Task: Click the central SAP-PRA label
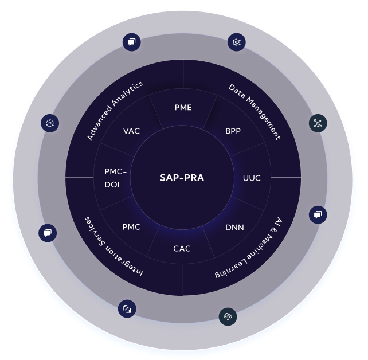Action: (182, 178)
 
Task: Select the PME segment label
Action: (183, 107)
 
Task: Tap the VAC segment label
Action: (131, 131)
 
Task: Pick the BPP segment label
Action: (233, 131)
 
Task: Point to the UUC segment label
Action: (252, 178)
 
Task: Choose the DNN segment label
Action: (234, 228)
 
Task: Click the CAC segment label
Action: (182, 249)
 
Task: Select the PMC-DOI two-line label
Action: (115, 178)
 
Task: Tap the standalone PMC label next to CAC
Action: (131, 227)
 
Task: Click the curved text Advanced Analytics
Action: (115, 111)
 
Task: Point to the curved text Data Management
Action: (255, 112)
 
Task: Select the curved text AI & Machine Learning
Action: (249, 248)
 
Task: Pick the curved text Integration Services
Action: (113, 247)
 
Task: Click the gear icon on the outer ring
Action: (237, 42)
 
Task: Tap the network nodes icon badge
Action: (318, 123)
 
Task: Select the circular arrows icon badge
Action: (50, 123)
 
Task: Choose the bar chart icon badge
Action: (127, 308)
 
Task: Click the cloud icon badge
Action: (228, 316)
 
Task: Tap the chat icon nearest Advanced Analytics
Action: (132, 42)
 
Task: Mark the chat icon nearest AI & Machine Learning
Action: (318, 215)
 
